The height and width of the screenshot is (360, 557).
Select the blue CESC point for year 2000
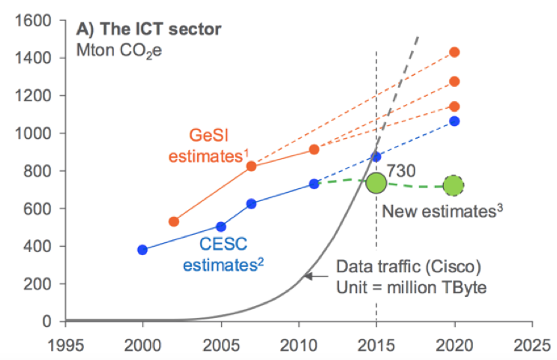(x=142, y=250)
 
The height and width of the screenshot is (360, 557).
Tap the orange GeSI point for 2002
(x=174, y=221)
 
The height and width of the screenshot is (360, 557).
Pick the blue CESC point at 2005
(x=221, y=226)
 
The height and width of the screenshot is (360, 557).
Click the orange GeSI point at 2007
(x=252, y=166)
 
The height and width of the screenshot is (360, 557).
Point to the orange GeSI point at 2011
(x=314, y=150)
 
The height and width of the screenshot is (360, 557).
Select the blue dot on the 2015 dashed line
(x=376, y=157)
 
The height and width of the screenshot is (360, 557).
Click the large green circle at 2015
(x=376, y=183)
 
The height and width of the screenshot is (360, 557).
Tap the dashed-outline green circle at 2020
(x=454, y=184)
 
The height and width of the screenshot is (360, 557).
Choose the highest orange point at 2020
(x=454, y=52)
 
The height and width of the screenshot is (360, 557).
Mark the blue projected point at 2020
(x=454, y=121)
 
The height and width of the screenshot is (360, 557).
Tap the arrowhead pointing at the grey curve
(x=307, y=276)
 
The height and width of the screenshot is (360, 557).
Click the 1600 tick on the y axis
(x=40, y=20)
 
